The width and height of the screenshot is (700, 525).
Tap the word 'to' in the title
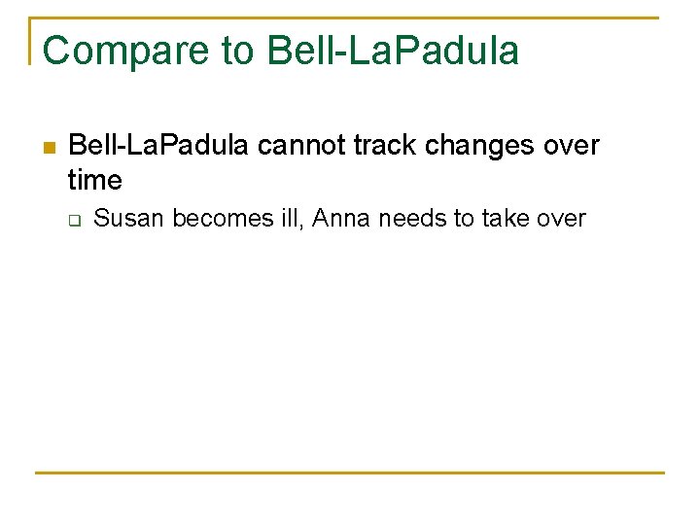tap(239, 51)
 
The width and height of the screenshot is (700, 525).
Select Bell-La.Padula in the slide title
tap(393, 51)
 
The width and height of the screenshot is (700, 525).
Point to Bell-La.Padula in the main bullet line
tap(159, 146)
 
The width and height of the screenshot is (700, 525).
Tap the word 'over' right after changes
tap(569, 146)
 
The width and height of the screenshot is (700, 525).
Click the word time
tap(95, 180)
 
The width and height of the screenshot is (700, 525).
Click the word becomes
tap(220, 219)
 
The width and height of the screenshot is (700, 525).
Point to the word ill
tap(289, 219)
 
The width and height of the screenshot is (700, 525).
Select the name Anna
tap(340, 219)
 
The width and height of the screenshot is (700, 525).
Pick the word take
tap(503, 219)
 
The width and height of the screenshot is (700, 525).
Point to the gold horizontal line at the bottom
tap(350, 473)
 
